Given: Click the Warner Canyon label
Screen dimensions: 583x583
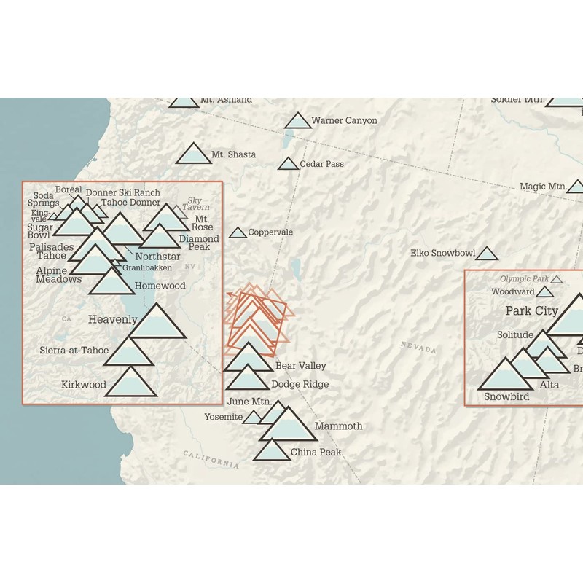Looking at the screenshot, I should pos(344,120).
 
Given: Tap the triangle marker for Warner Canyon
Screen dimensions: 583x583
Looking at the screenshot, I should pos(298,122).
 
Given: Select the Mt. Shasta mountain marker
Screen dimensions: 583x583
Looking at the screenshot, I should pos(193,154).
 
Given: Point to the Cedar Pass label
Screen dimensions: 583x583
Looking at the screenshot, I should pos(322,164).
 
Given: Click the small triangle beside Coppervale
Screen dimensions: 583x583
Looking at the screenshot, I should pos(238,233).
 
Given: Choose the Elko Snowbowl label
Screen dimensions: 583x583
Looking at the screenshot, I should pos(442,254).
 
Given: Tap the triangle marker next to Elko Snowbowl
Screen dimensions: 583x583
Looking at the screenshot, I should pos(487,254).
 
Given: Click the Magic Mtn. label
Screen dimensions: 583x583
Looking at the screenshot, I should pos(543,187).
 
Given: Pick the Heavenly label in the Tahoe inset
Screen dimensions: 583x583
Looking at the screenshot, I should pos(112,319).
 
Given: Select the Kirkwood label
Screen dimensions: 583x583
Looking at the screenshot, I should pos(83,384).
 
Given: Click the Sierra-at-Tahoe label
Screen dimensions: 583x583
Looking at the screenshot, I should pos(74,351).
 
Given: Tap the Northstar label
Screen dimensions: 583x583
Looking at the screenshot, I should pos(157,257).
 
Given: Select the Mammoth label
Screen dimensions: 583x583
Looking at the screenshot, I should pos(338,426).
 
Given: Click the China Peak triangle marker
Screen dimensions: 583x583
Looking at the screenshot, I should pos(272,450).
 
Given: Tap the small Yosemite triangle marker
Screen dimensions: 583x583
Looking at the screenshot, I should pos(252,418).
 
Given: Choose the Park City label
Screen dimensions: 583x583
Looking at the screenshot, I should pos(531,311).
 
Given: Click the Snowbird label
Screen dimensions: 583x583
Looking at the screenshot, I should pos(506,396).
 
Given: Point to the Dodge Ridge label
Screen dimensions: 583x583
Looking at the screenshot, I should pos(300,384).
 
